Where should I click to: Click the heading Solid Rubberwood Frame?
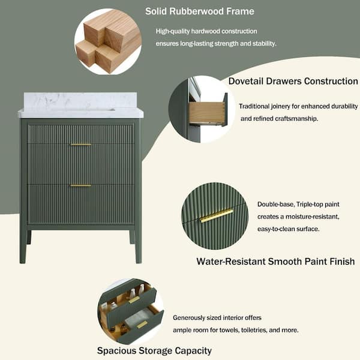click(200, 11)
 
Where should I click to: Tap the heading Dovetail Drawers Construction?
click(293, 81)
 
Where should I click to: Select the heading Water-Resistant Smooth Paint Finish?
click(275, 261)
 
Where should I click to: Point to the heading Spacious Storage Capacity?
click(154, 350)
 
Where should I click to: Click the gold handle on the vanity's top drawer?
click(80, 144)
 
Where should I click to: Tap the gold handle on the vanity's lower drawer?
click(80, 185)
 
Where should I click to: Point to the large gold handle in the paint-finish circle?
click(216, 215)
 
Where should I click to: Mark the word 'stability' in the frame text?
click(262, 43)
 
